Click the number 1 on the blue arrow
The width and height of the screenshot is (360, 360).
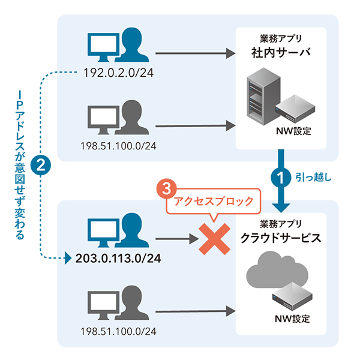pos(279,178)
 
